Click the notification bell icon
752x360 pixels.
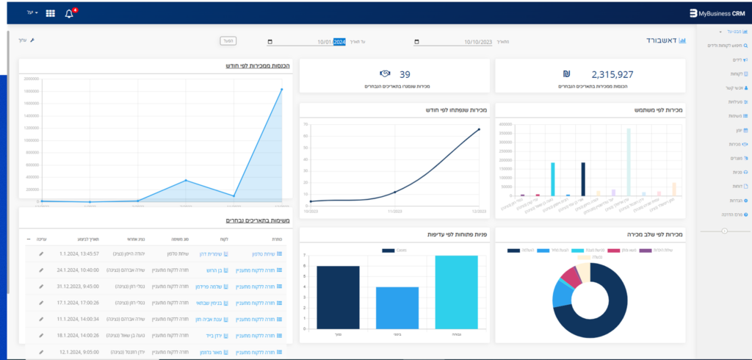[69, 13]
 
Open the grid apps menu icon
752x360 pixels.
[51, 13]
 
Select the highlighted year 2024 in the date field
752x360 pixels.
[339, 42]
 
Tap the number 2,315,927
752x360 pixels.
[612, 74]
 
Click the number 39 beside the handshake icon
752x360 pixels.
[405, 74]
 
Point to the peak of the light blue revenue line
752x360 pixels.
[281, 90]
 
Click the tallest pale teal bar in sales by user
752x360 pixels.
[628, 162]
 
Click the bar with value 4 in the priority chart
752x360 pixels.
[397, 307]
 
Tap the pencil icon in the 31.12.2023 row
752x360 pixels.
[41, 285]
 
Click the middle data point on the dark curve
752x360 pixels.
[395, 192]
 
